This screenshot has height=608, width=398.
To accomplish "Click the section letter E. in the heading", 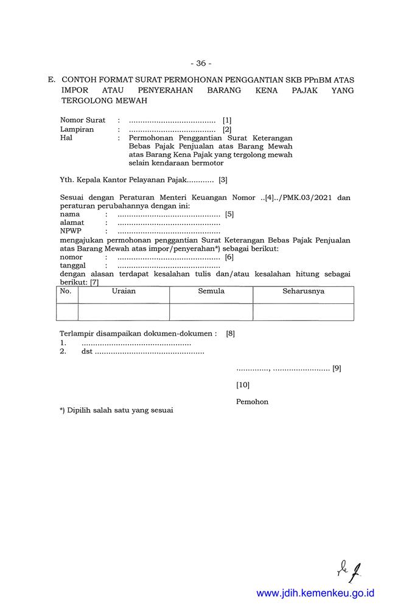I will [x=51, y=80].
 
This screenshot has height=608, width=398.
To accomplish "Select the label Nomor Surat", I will [x=83, y=120].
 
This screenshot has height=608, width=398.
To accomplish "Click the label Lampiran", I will [x=77, y=130].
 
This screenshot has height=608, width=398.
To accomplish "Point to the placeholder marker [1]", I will [x=227, y=120].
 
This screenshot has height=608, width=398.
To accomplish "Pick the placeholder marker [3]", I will [x=223, y=179].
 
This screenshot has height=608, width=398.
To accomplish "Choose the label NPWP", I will [x=71, y=231].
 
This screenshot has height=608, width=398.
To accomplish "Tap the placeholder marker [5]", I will [x=229, y=214].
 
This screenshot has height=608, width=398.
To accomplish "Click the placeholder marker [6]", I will [x=229, y=257].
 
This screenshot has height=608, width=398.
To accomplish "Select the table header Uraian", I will [x=124, y=291].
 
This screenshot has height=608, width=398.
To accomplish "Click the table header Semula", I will [x=211, y=291].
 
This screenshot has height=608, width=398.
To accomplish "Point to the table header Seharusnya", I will [x=303, y=291].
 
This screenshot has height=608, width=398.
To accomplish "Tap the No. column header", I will [x=66, y=291].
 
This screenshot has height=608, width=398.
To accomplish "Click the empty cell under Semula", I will [x=211, y=311].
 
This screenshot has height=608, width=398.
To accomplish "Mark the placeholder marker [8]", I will [x=230, y=334].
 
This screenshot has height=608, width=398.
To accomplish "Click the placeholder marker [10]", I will [x=243, y=385].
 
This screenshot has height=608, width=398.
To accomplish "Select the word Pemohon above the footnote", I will [x=252, y=402].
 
